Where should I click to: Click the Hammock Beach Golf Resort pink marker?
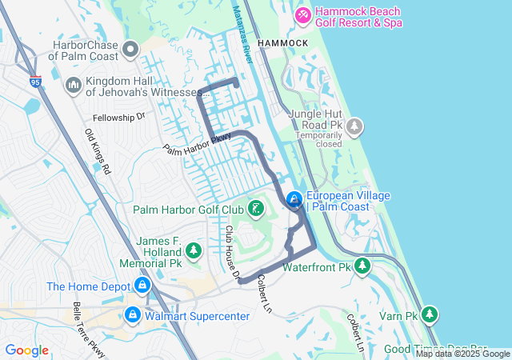(303, 14)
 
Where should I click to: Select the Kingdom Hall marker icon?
(73, 84)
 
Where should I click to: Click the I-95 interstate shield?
(34, 80)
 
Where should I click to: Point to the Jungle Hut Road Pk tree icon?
(354, 126)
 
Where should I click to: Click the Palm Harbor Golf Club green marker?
(255, 210)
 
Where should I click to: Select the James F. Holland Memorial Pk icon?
(193, 251)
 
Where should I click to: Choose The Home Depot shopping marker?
(142, 286)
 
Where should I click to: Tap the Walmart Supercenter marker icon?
(133, 315)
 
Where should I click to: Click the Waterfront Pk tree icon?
(362, 266)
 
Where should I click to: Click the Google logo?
(26, 350)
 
